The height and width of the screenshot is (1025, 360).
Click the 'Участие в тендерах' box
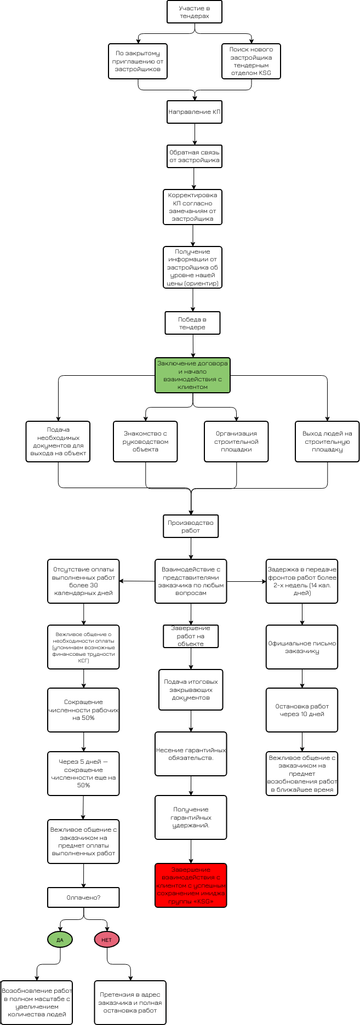tap(194, 13)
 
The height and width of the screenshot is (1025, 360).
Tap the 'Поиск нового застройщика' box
tap(252, 62)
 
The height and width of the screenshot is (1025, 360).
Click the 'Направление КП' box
tap(194, 113)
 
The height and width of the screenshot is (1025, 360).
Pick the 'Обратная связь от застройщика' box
tap(194, 156)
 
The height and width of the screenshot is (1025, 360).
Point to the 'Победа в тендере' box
tap(194, 321)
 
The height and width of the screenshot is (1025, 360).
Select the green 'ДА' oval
tap(59, 939)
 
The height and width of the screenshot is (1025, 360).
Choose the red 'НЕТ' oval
tap(107, 939)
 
